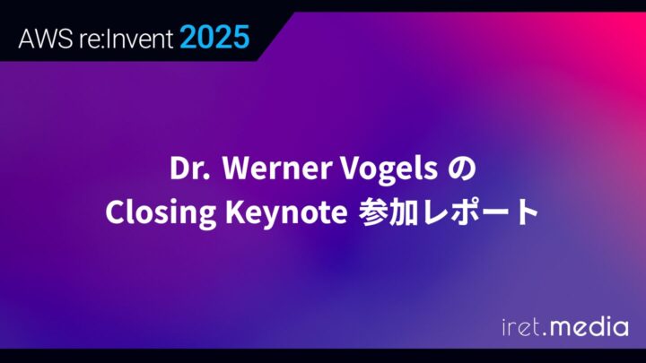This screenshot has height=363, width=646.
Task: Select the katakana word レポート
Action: (481, 212)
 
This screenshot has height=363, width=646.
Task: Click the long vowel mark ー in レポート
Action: (495, 212)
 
